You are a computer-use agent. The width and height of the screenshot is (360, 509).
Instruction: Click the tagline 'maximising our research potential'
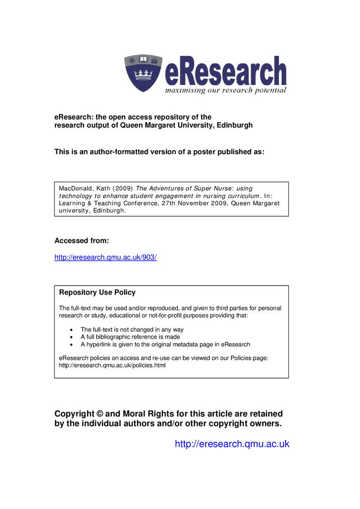click(225, 90)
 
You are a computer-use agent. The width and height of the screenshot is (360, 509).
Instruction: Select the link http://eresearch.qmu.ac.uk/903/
click(105, 257)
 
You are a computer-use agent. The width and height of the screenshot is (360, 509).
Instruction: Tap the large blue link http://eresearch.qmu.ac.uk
click(232, 444)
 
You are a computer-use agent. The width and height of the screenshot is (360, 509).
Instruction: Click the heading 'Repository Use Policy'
click(97, 293)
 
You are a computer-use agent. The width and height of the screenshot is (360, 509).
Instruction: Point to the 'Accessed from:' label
click(81, 240)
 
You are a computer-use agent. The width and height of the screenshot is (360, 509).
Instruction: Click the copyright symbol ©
click(100, 414)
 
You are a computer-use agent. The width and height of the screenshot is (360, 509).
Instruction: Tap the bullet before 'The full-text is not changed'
click(70, 330)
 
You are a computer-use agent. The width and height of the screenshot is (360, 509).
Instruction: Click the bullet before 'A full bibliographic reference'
click(70, 337)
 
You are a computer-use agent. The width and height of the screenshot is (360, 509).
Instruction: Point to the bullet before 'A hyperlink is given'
click(70, 345)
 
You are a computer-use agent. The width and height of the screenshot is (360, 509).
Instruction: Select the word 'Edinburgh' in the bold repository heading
click(235, 125)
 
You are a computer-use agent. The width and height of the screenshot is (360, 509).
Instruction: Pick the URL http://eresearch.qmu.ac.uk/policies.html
click(113, 365)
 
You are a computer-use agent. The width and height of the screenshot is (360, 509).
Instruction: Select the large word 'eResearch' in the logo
click(225, 71)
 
